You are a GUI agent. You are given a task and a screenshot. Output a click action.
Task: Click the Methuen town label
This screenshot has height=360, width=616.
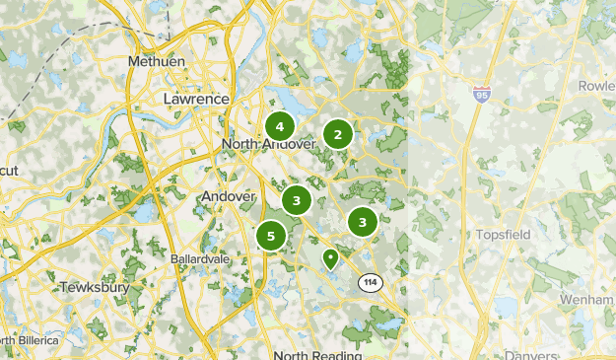click(x=157, y=61)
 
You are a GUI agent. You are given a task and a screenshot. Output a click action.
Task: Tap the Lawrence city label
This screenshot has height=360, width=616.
click(x=196, y=100)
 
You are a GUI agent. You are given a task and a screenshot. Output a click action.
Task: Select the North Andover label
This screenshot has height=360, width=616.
click(x=268, y=144)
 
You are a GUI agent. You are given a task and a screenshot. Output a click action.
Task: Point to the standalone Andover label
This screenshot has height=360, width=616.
click(x=228, y=196)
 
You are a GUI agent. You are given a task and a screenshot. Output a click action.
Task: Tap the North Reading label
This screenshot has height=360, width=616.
click(x=317, y=354)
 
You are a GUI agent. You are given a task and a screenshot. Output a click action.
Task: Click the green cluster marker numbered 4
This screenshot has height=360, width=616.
click(x=280, y=126)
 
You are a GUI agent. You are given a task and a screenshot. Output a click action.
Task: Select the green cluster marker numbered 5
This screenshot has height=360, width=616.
click(x=271, y=237)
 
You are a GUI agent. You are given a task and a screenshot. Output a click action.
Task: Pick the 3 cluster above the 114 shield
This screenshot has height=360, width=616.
click(x=363, y=222)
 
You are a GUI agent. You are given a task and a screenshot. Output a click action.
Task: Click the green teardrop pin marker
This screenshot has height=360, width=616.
click(x=330, y=258)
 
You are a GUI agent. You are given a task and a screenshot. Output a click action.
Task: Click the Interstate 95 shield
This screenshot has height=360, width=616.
click(x=482, y=95)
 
